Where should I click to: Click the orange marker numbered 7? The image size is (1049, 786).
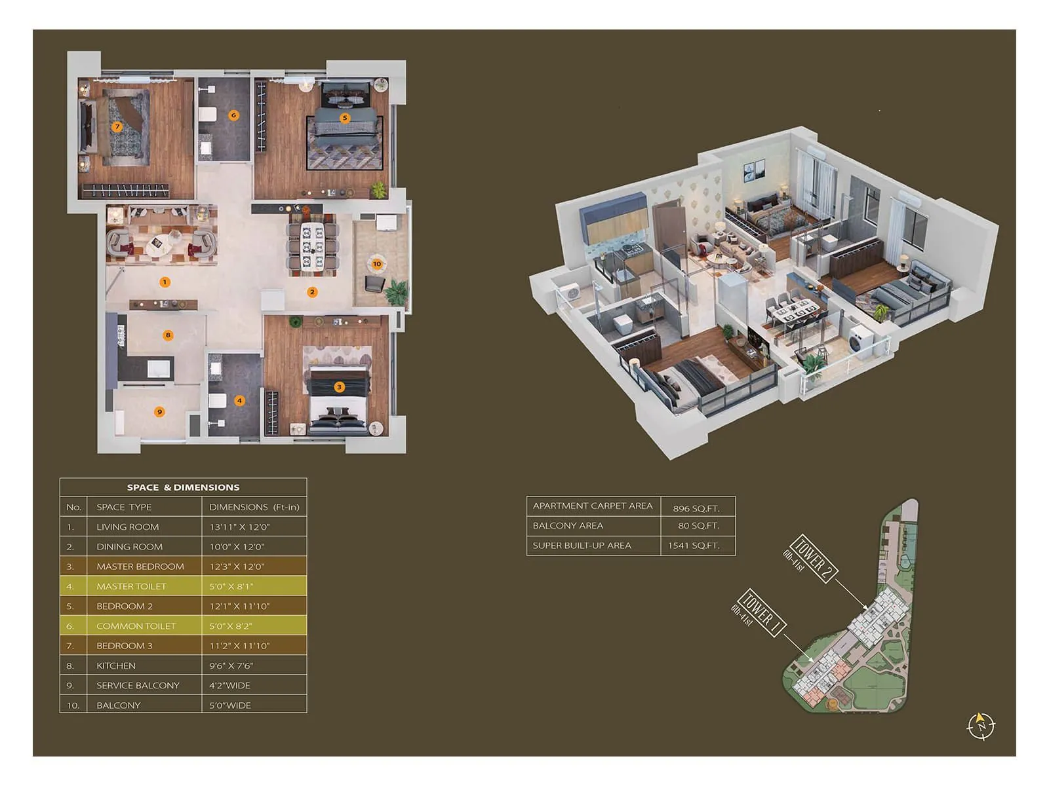(117, 126)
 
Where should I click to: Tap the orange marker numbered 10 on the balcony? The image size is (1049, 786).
(376, 264)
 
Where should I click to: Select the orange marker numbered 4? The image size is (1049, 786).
(239, 400)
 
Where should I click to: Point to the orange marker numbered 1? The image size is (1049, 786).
(165, 282)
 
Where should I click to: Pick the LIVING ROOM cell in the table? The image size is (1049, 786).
(127, 527)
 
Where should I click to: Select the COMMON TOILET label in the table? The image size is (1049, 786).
(136, 626)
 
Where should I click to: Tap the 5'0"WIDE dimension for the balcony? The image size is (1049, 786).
(230, 705)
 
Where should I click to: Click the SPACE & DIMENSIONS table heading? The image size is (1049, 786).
(183, 487)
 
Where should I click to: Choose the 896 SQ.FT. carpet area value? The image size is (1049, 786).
(696, 508)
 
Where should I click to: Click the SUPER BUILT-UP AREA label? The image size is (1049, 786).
(582, 546)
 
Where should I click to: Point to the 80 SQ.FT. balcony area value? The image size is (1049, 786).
(698, 526)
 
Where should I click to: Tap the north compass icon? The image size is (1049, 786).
(981, 726)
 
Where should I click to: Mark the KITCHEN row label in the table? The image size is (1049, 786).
(116, 665)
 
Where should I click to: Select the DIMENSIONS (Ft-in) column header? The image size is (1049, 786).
(254, 507)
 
